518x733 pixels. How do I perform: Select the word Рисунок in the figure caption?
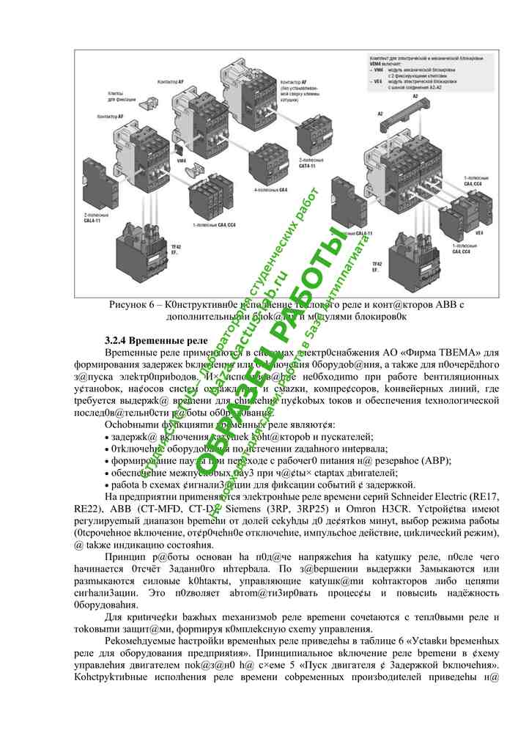click(130, 304)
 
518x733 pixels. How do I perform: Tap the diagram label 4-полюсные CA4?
click(270, 189)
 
